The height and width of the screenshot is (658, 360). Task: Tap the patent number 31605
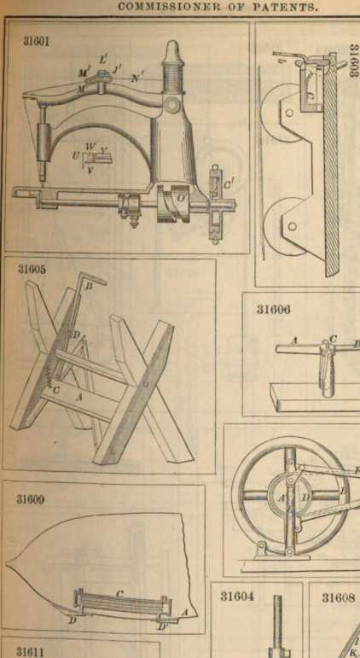point(32,269)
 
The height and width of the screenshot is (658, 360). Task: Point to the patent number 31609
point(31,500)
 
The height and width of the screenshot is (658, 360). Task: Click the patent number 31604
point(237,597)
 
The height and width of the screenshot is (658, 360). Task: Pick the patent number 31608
point(337,597)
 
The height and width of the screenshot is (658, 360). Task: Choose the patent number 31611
point(30,651)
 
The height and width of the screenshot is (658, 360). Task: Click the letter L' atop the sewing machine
point(103,60)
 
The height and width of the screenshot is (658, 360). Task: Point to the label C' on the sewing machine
point(228,183)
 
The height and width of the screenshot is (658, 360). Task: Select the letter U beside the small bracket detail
point(76,155)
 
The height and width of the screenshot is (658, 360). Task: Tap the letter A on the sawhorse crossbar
point(78,399)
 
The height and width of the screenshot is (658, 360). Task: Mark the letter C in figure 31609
point(119,594)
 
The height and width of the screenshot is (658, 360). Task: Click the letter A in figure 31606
point(294,342)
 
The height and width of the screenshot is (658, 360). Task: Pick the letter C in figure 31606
point(334,339)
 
